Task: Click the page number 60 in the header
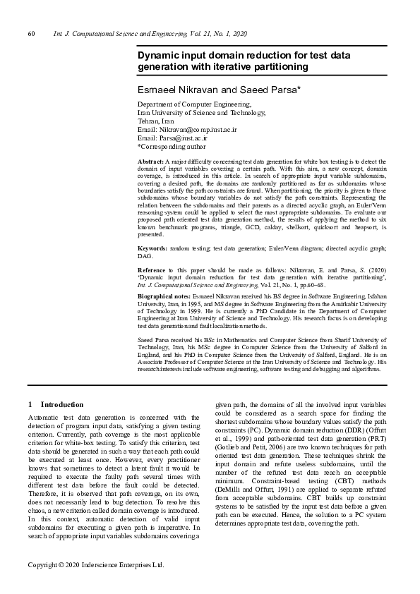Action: [31, 34]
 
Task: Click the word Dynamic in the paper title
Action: [160, 54]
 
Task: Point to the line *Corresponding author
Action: [172, 147]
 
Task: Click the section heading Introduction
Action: [62, 405]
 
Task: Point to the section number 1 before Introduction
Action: [30, 405]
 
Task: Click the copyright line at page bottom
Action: [95, 565]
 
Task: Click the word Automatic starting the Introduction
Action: [43, 417]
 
